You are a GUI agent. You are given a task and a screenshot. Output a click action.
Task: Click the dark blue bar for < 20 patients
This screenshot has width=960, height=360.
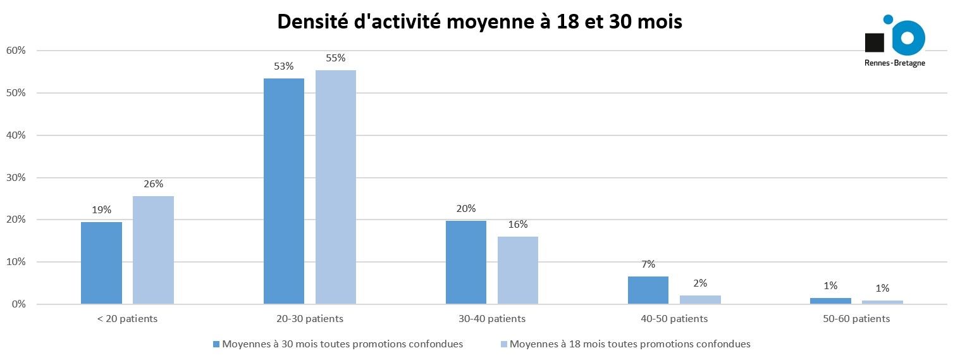[x=101, y=263]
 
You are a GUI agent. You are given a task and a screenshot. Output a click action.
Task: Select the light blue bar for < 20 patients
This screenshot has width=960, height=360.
[x=153, y=251]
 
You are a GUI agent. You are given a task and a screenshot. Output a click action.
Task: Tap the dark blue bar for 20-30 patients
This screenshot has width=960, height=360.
[x=284, y=191]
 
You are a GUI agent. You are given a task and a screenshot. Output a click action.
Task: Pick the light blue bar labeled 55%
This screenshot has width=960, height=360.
[x=336, y=187]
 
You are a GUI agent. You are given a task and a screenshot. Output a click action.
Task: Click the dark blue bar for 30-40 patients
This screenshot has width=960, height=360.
[x=466, y=262]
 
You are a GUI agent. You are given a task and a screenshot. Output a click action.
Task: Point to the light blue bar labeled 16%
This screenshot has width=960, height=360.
[x=518, y=270]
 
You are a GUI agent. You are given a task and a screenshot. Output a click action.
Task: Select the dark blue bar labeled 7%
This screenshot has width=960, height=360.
[x=648, y=290]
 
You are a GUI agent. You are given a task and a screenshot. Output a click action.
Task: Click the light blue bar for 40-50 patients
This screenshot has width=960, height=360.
[x=700, y=299]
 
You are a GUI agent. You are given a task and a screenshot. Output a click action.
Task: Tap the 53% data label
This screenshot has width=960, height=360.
[x=284, y=66]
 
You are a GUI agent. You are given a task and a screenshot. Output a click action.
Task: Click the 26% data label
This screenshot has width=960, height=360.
[x=153, y=184]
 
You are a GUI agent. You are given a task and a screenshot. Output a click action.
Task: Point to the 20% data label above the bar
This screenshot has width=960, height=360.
[x=466, y=208]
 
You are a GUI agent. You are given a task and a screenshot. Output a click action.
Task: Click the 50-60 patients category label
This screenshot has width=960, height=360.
[x=857, y=319]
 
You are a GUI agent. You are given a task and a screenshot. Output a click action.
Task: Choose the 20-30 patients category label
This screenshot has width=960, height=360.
[x=310, y=319]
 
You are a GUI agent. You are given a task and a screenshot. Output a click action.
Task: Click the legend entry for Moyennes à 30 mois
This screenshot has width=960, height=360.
[x=338, y=344]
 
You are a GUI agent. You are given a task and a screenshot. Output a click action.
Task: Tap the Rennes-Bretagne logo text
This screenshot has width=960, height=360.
[x=894, y=63]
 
